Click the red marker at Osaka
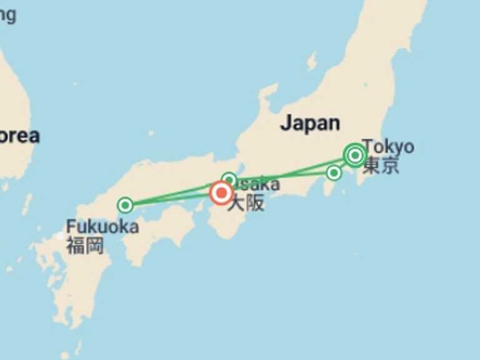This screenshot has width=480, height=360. [221, 193]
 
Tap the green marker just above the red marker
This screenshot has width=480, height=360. [229, 180]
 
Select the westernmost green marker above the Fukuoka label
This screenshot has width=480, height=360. [126, 204]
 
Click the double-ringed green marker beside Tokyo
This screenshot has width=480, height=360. [355, 154]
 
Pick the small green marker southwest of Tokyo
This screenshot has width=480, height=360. [334, 172]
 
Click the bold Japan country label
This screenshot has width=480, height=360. [310, 123]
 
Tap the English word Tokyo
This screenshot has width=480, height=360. [389, 147]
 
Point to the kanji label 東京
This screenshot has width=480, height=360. [381, 166]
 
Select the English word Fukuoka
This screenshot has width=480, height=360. [102, 226]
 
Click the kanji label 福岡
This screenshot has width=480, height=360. [84, 245]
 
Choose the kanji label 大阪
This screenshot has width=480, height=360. [246, 203]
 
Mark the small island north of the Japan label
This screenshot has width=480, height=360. [311, 61]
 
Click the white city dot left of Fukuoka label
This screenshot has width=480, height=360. [61, 237]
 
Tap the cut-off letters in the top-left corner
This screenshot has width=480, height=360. [7, 15]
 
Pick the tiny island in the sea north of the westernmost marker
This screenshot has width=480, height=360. [151, 133]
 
